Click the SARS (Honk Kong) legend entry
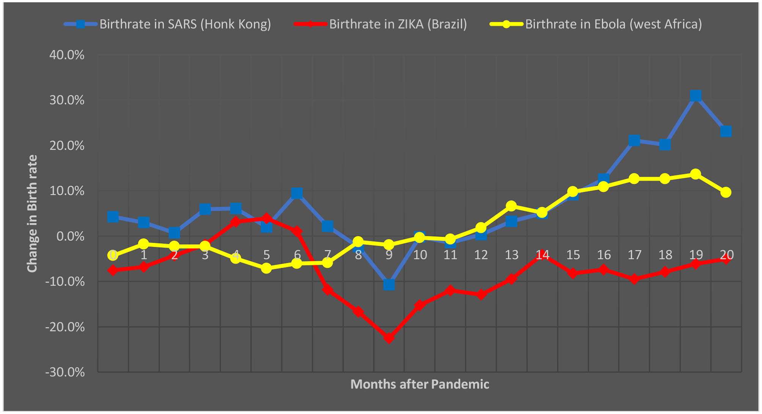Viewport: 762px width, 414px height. click(167, 24)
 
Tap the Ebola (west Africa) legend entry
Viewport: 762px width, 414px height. click(596, 24)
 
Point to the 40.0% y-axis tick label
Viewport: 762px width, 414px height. click(67, 55)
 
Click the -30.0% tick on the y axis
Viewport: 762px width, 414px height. click(65, 372)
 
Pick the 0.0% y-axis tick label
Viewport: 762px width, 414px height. click(70, 236)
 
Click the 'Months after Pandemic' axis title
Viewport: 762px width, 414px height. click(420, 384)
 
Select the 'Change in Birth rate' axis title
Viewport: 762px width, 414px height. click(32, 213)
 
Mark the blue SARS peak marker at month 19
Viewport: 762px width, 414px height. click(695, 95)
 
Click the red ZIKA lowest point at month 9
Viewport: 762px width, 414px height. click(389, 338)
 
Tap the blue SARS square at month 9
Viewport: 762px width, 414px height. click(389, 284)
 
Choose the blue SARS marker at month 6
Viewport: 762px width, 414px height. click(297, 193)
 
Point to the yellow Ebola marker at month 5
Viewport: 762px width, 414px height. click(266, 268)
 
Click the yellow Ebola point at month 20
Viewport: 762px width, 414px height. click(726, 192)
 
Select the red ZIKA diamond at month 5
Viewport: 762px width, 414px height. click(266, 218)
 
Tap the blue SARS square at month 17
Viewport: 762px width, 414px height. click(634, 141)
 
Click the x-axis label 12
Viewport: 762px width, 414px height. click(481, 255)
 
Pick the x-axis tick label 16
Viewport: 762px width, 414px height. click(604, 255)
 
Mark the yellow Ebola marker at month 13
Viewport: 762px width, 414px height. click(511, 206)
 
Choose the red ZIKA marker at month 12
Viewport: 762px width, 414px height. click(481, 294)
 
